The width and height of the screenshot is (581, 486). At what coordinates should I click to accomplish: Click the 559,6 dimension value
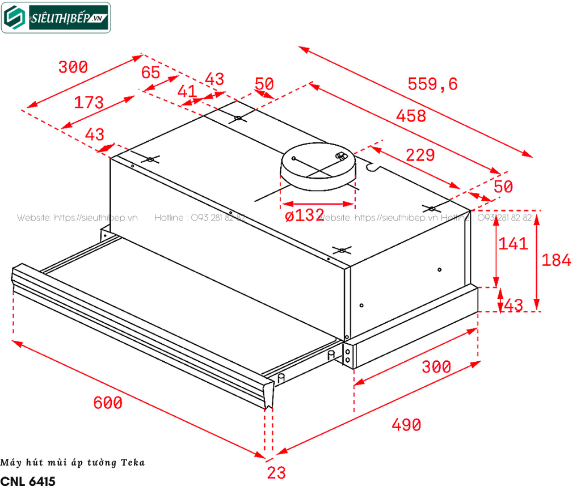[432, 84]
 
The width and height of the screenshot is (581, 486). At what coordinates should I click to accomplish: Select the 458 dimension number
[411, 116]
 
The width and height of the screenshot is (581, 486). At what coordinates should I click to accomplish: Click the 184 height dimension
[557, 260]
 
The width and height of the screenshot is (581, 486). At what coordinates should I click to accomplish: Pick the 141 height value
[513, 244]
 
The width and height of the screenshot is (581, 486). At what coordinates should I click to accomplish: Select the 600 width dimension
[108, 403]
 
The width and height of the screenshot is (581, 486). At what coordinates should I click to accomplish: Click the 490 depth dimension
[406, 424]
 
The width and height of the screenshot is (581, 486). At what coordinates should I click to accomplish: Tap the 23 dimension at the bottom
[276, 472]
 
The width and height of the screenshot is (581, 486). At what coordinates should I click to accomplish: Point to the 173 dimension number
[89, 103]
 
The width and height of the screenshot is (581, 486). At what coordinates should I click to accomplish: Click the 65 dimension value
[150, 73]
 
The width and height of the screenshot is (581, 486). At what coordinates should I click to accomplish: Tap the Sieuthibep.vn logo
[56, 17]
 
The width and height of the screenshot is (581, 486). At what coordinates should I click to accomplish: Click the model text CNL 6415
[28, 480]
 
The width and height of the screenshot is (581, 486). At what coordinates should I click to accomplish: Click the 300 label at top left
[73, 67]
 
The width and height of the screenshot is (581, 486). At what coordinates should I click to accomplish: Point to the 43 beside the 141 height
[513, 305]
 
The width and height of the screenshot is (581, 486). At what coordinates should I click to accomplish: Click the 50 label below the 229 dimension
[503, 187]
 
